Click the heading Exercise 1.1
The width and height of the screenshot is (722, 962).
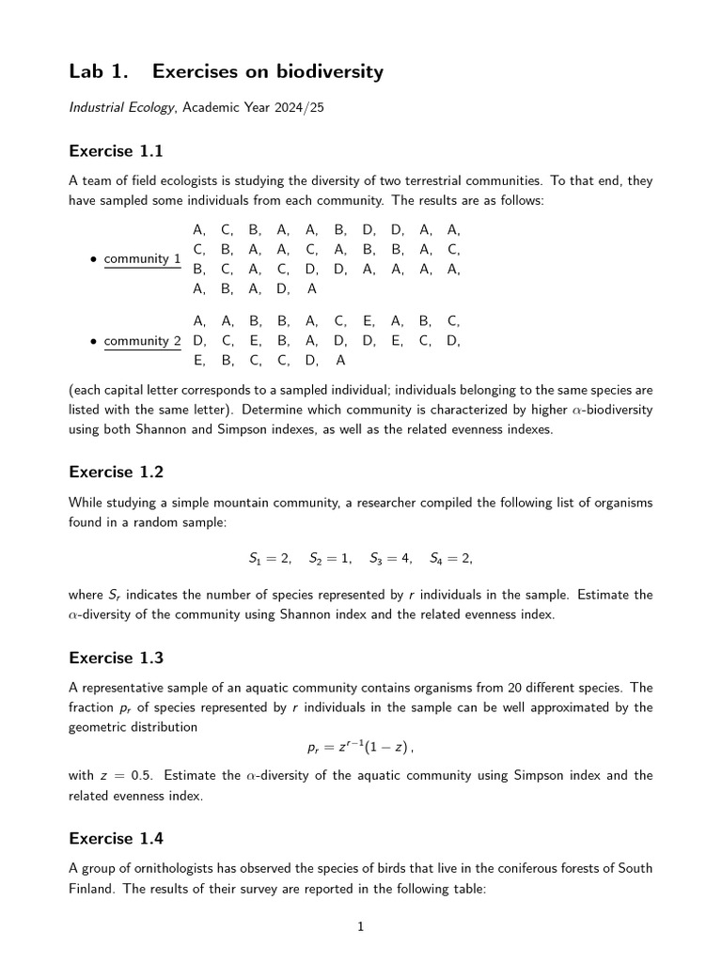(x=116, y=150)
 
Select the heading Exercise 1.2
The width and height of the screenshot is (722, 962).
(x=116, y=472)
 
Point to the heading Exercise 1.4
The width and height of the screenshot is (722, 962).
(x=116, y=838)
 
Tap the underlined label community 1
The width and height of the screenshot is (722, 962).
(x=142, y=258)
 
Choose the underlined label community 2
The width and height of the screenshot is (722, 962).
(x=142, y=341)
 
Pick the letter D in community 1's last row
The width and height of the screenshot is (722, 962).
(x=282, y=289)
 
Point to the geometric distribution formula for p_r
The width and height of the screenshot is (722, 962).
(x=360, y=748)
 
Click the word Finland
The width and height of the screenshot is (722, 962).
(x=91, y=889)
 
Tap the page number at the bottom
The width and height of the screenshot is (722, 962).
(x=360, y=927)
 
